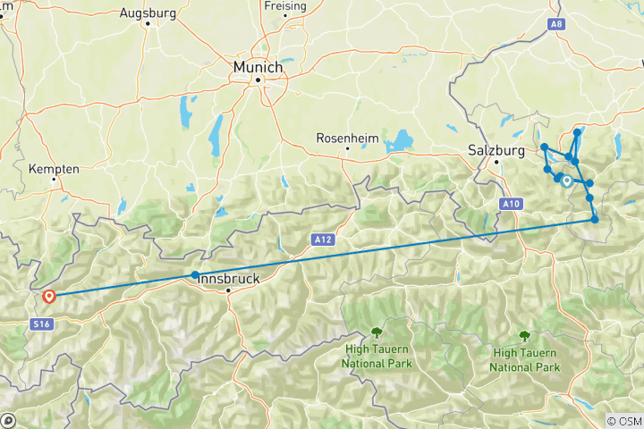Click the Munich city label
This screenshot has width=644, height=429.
[258, 67]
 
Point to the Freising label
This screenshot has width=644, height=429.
[285, 5]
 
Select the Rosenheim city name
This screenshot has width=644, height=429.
[348, 138]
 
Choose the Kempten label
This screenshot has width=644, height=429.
[55, 168]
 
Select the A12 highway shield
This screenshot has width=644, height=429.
[323, 239]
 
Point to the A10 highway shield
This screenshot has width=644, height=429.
[510, 205]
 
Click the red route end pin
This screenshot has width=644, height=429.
[49, 296]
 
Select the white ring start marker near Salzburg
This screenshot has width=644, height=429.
[566, 181]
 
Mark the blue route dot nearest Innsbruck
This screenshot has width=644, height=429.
[195, 274]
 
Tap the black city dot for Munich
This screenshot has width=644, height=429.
[258, 80]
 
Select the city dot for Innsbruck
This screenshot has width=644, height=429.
[228, 290]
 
